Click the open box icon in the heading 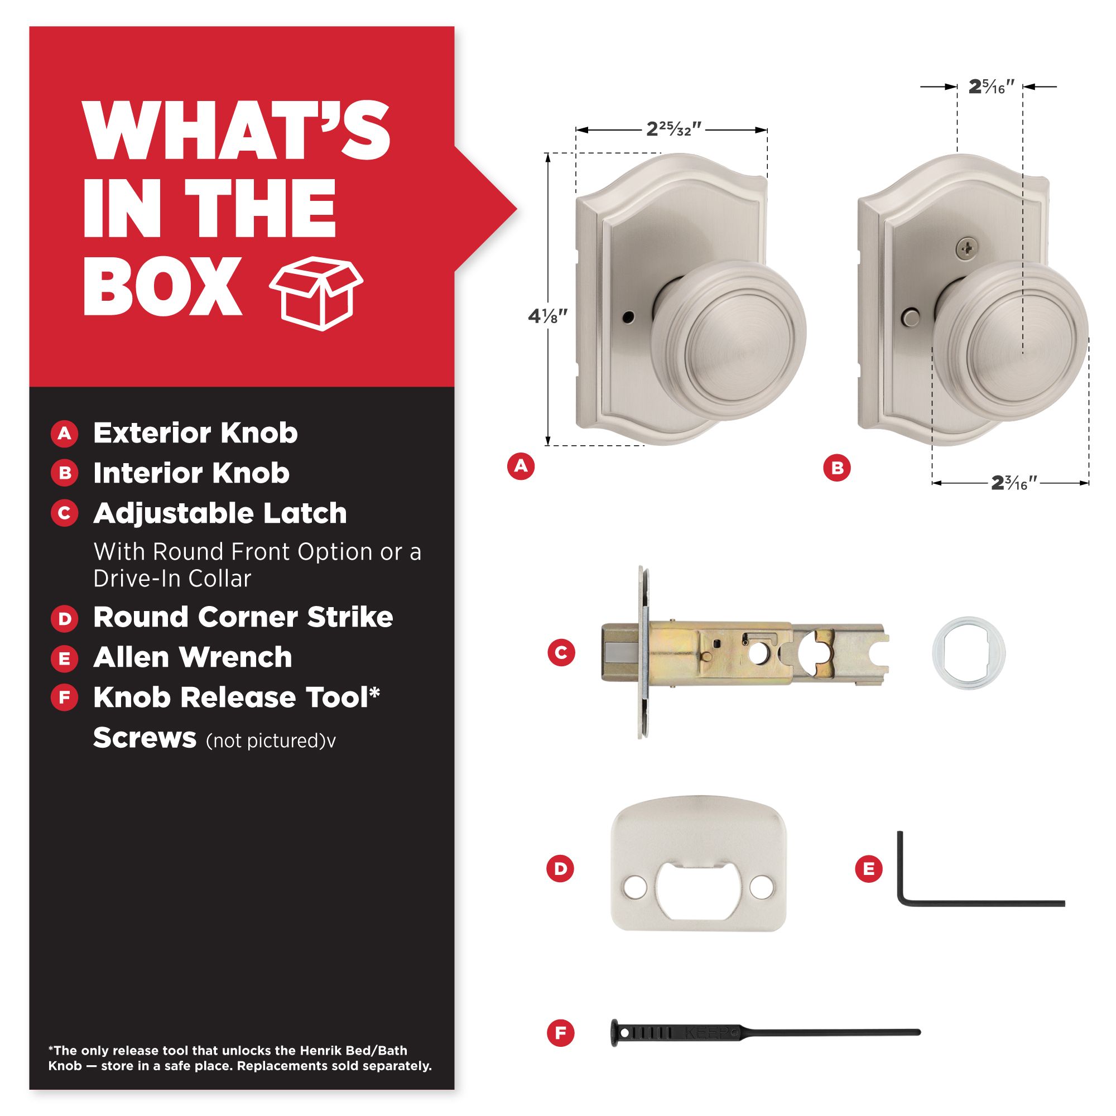(x=316, y=294)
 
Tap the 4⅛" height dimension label (x=547, y=316)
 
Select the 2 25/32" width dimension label (x=673, y=129)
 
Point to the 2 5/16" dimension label (x=991, y=86)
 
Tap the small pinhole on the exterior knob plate (x=629, y=317)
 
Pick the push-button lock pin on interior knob (x=910, y=318)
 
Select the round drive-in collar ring (x=969, y=653)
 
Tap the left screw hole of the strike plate (x=636, y=888)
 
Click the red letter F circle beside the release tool (x=561, y=1032)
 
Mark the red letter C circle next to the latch (x=561, y=653)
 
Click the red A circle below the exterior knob (x=521, y=465)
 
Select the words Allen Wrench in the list (x=193, y=657)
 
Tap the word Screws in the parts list (x=145, y=738)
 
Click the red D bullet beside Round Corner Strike (x=64, y=619)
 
